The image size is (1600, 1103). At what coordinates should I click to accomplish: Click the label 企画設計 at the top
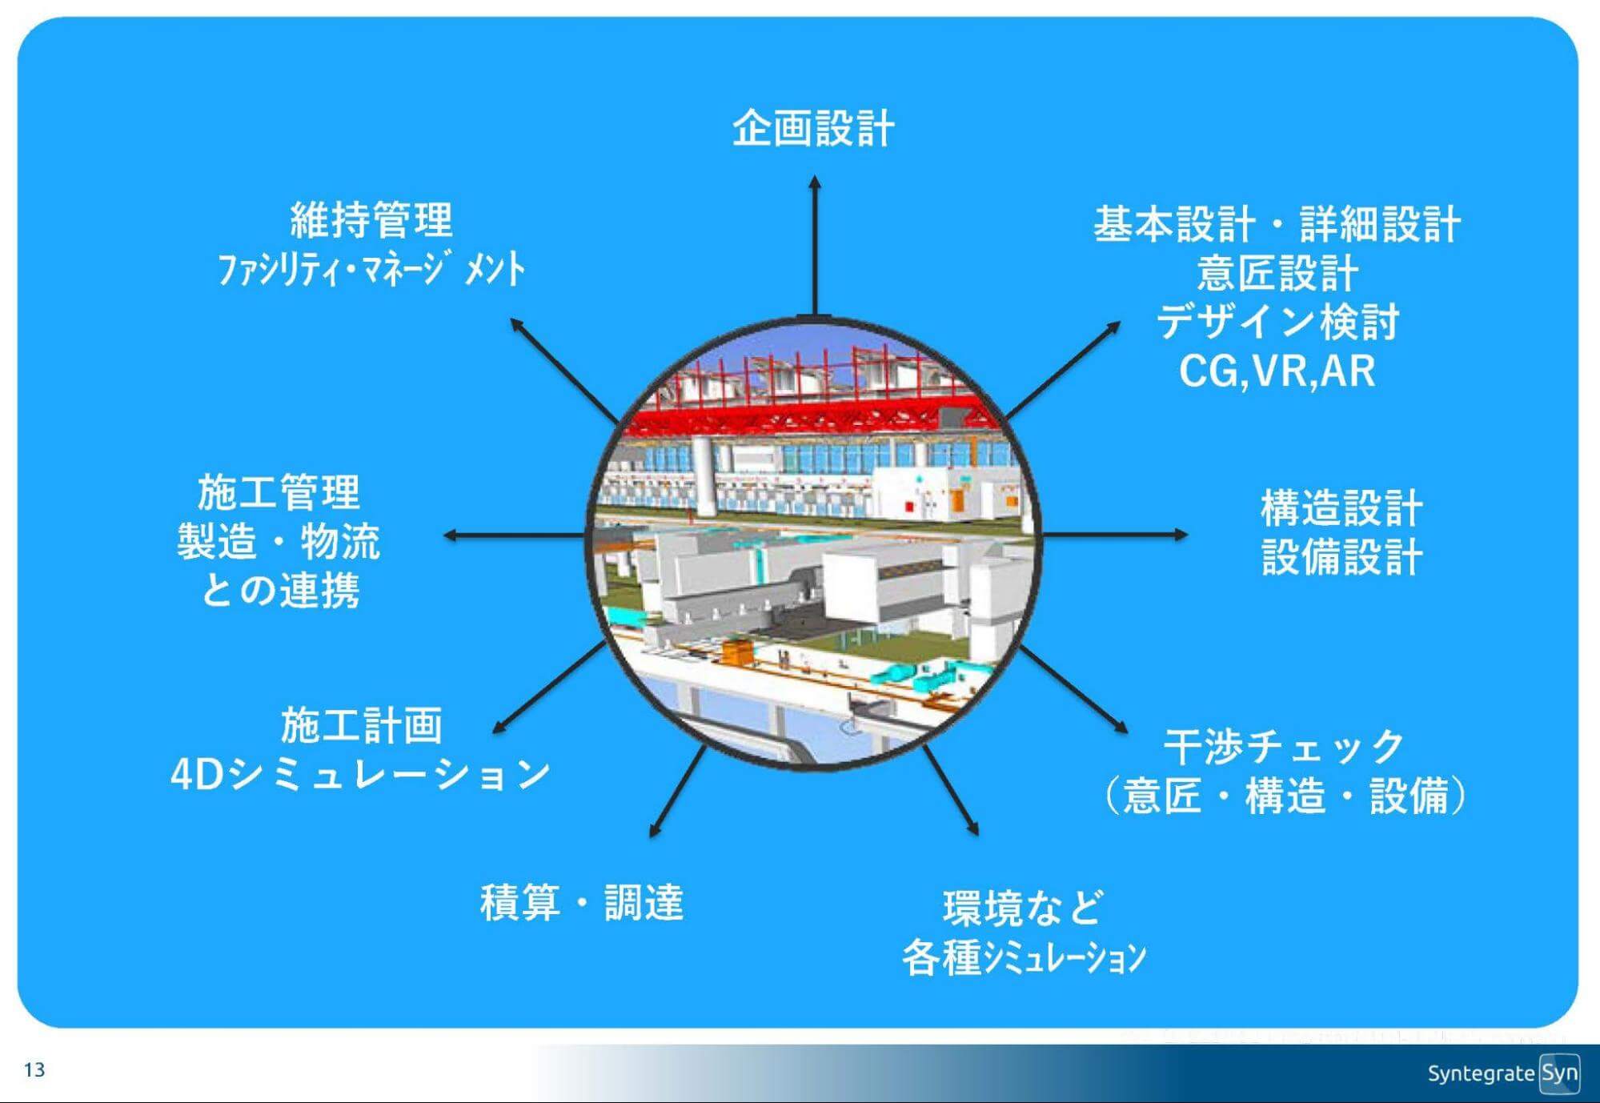tap(813, 128)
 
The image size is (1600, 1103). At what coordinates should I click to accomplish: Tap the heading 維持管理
tap(371, 220)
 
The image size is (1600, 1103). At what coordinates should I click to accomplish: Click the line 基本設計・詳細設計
tap(1277, 223)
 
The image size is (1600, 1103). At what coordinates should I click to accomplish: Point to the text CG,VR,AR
tap(1277, 371)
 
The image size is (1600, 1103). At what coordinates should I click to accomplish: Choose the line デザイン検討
tap(1277, 322)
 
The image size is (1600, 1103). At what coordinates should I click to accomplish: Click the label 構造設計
tap(1341, 507)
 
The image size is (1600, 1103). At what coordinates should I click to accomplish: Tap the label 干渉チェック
tap(1284, 746)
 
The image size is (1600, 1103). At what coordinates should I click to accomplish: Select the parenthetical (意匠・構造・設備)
tap(1284, 796)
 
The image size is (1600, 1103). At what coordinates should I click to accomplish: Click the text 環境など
tap(1023, 908)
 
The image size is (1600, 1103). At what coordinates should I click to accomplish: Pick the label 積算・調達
tap(582, 902)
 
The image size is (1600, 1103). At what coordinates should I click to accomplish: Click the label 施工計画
tap(361, 725)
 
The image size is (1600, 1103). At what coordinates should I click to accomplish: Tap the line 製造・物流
tap(279, 542)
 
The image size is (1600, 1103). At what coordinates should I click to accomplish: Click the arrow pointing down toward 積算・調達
tap(677, 792)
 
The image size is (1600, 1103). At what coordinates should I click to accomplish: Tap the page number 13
tap(34, 1070)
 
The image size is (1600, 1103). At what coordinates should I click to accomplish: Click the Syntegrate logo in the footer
tap(1502, 1073)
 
